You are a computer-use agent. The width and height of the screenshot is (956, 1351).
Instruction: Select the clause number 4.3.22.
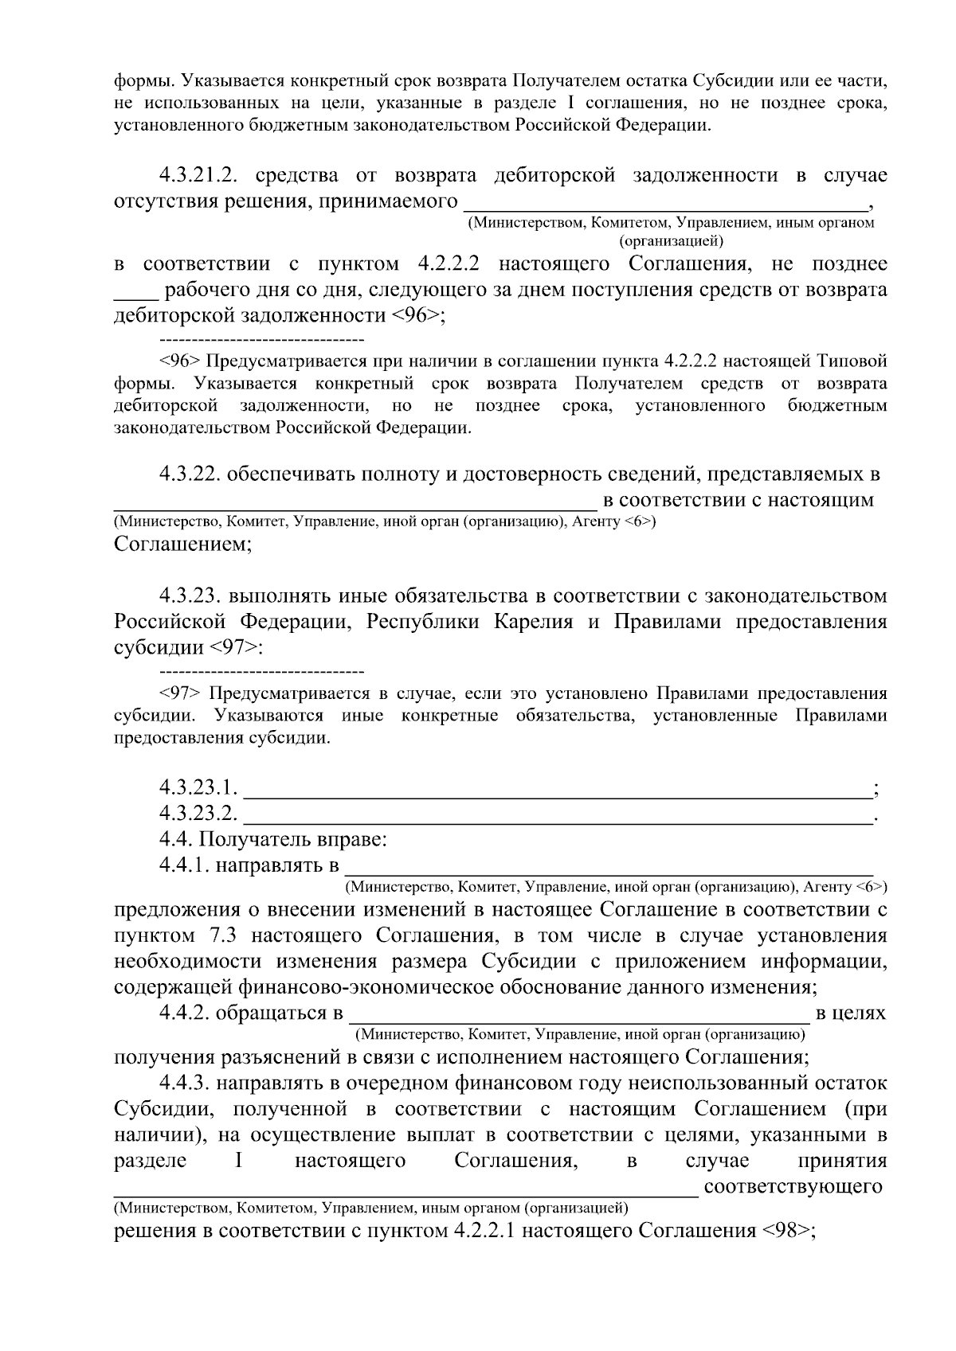click(190, 475)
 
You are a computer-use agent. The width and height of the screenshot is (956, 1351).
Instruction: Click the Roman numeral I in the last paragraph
click(239, 1161)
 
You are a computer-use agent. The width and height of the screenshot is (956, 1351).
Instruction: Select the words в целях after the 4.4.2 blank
click(851, 1013)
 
